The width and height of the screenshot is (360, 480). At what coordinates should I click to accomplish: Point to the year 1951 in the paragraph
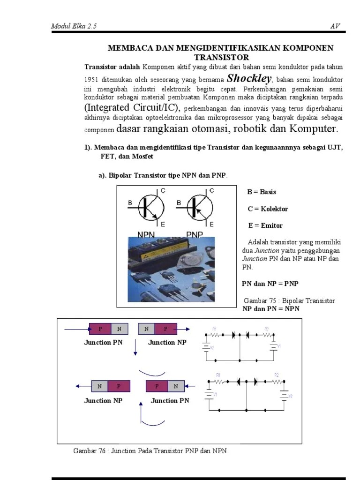click(x=91, y=80)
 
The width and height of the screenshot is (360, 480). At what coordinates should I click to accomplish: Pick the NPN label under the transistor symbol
click(x=146, y=234)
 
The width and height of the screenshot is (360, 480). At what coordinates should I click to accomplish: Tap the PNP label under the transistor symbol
click(x=194, y=234)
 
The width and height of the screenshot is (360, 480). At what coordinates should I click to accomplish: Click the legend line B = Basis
click(x=262, y=192)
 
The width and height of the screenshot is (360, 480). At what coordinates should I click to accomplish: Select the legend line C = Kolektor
click(x=268, y=209)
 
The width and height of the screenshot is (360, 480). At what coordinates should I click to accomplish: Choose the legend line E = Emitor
click(x=265, y=225)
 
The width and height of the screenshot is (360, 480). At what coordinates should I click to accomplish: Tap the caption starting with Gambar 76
click(x=150, y=451)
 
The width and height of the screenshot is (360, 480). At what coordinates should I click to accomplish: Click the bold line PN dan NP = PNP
click(x=270, y=284)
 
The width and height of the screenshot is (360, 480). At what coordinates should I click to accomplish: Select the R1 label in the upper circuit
click(x=215, y=329)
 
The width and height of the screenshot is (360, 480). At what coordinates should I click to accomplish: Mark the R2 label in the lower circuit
click(x=277, y=375)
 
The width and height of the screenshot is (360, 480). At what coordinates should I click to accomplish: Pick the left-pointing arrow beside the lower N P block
click(x=83, y=386)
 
